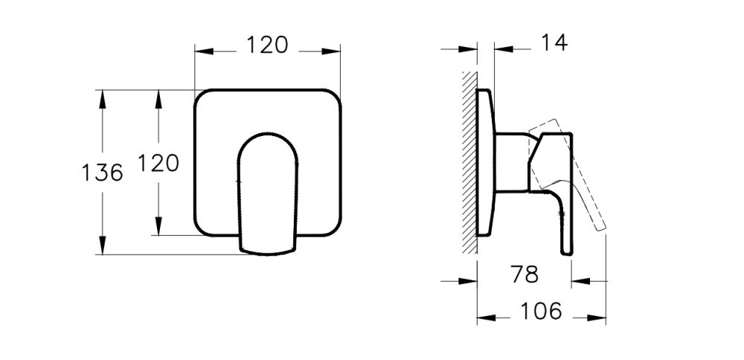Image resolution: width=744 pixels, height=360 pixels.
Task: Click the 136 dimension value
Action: click(102, 173)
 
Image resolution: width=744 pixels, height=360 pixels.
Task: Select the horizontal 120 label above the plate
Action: click(267, 45)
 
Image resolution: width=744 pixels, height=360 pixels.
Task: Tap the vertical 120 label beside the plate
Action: click(158, 163)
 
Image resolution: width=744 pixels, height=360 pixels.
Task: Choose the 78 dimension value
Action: click(525, 274)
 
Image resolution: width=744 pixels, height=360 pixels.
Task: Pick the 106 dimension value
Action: click(541, 312)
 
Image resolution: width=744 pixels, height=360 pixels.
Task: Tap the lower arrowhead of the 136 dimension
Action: click(102, 247)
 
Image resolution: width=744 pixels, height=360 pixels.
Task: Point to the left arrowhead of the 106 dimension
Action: click(484, 318)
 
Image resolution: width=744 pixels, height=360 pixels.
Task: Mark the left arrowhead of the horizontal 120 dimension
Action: click(203, 51)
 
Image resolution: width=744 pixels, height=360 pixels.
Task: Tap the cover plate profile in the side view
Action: click(484, 164)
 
